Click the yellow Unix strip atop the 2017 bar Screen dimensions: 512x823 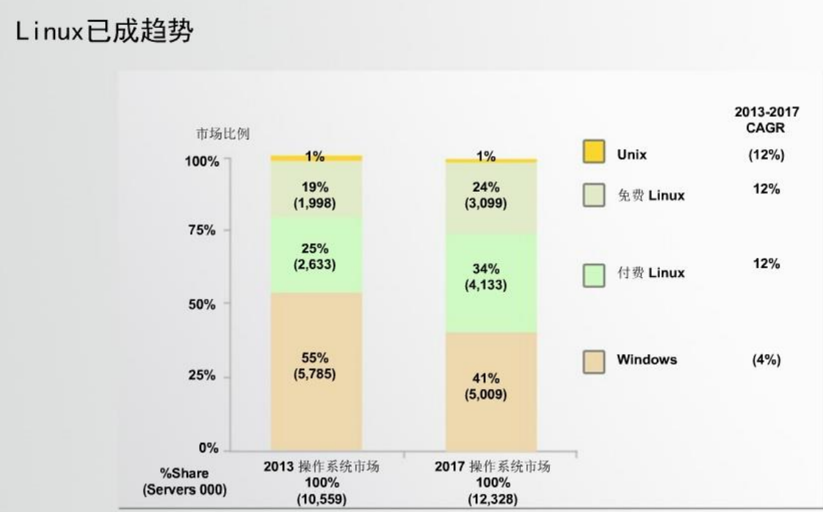pos(491,160)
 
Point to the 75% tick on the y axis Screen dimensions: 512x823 pos(200,230)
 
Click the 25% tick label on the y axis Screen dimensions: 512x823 pos(200,376)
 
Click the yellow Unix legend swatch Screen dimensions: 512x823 pos(593,152)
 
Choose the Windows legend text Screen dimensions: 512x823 pos(647,359)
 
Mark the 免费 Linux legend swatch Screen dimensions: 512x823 pos(593,195)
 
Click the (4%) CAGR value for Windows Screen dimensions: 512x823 pos(766,360)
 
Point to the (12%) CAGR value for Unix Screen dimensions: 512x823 pos(766,156)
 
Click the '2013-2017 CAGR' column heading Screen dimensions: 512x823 pos(766,120)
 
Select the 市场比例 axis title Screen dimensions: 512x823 pos(222,134)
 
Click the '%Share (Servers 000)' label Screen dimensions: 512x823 pos(184,481)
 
